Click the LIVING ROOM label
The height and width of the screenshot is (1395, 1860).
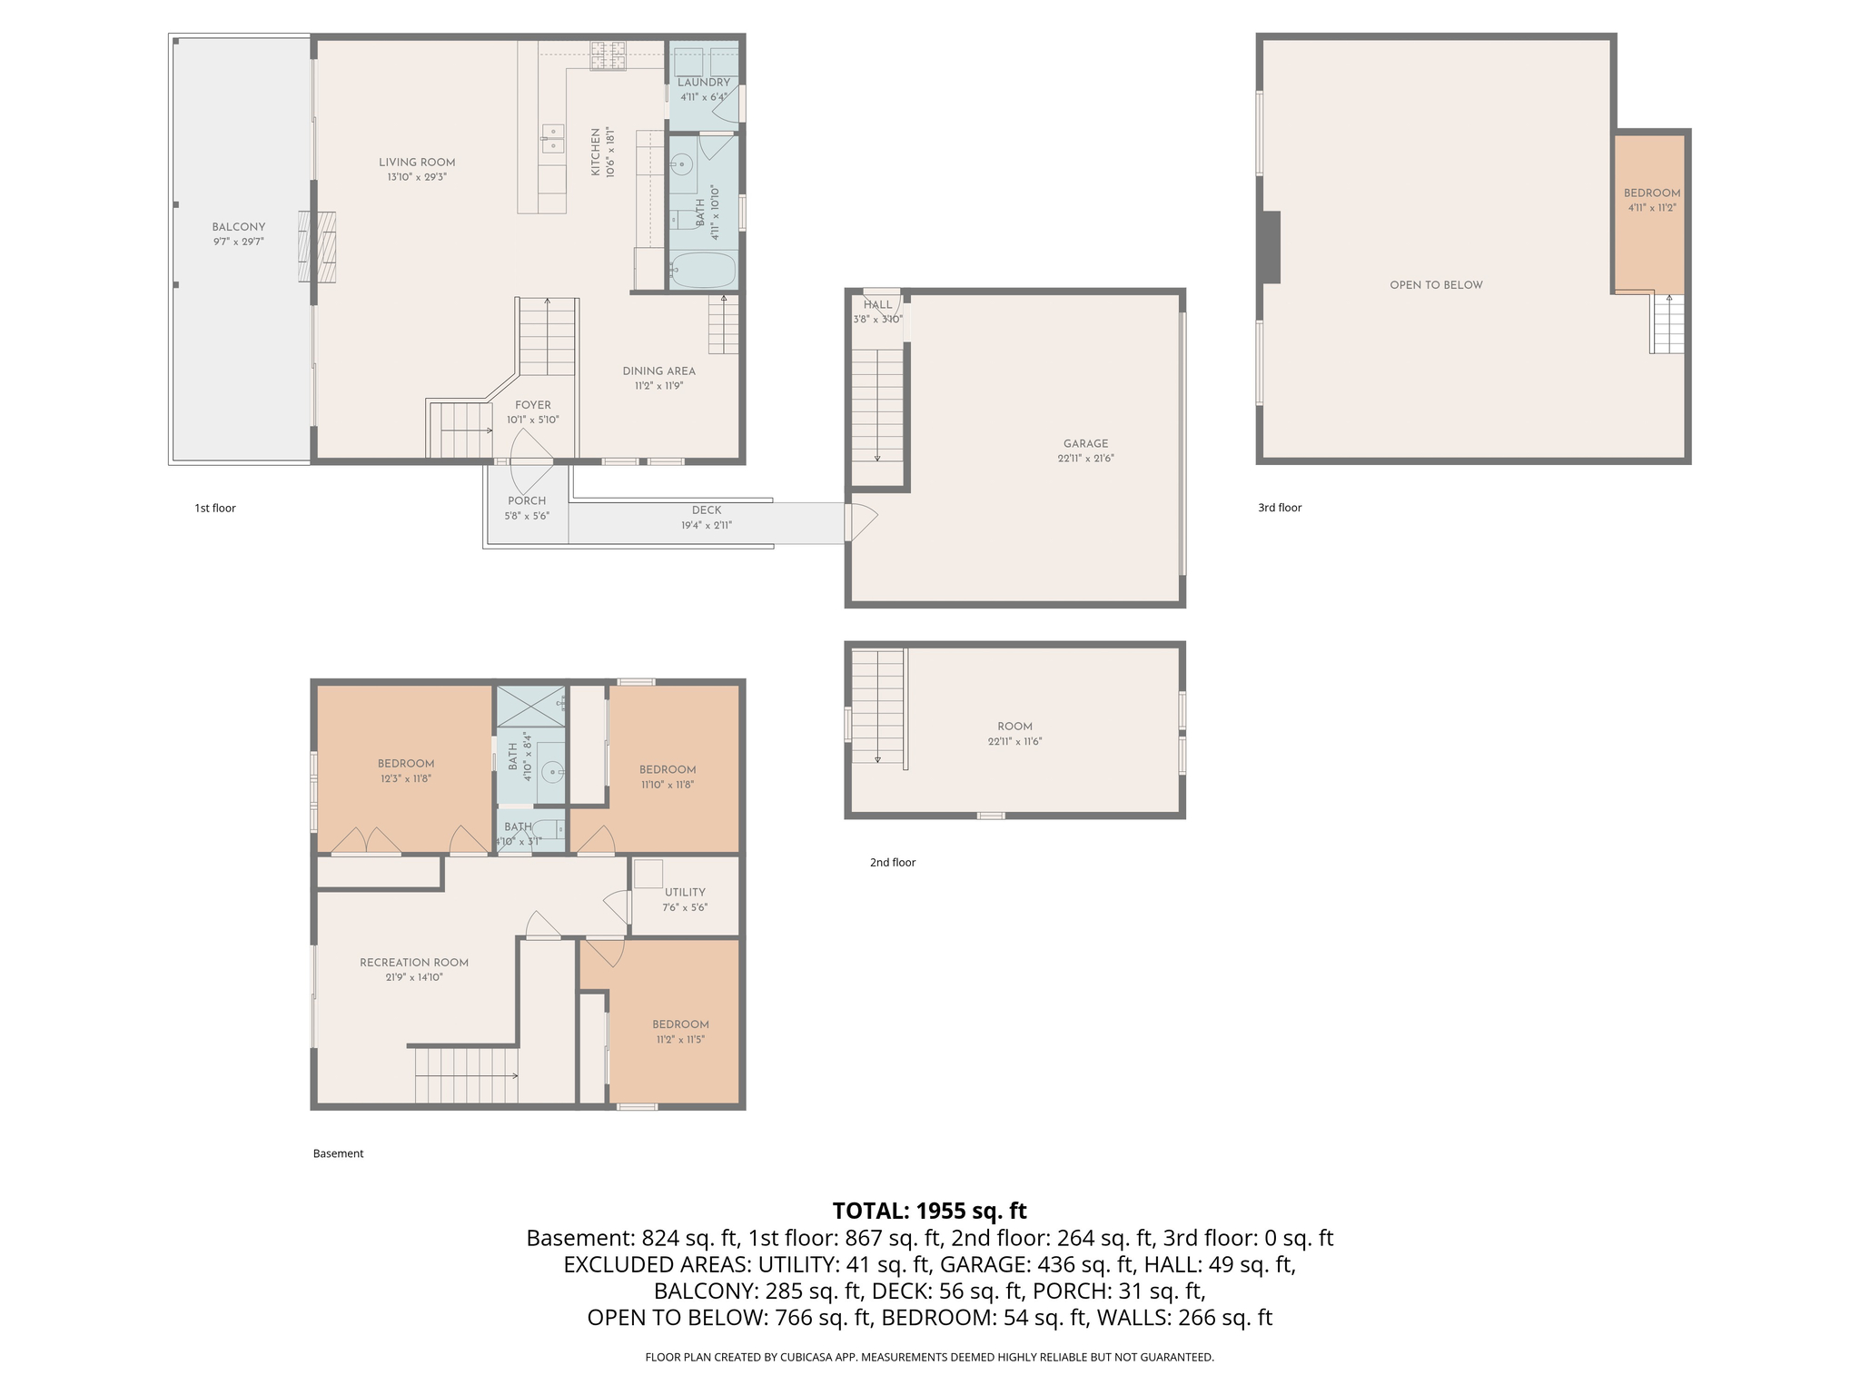pos(417,163)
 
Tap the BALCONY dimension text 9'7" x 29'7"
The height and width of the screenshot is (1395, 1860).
pos(239,242)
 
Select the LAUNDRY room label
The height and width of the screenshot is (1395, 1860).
pos(704,83)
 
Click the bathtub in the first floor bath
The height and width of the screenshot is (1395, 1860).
pos(703,270)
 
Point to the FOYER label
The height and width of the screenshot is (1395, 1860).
pos(533,405)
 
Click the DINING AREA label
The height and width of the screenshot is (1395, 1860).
pos(659,371)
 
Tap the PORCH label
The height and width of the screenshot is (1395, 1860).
pos(527,500)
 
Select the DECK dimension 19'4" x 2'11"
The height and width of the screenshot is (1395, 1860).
pos(707,525)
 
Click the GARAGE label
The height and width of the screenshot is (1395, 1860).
pos(1086,444)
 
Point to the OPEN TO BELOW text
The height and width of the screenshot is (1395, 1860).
pos(1436,285)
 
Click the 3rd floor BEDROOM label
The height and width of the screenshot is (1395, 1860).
pos(1652,193)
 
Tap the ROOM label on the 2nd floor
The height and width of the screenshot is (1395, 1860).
pos(1014,727)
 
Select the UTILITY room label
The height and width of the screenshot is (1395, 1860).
pos(685,892)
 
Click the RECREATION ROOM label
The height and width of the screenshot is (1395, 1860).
pos(414,963)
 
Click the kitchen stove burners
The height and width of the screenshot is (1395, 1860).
pos(608,56)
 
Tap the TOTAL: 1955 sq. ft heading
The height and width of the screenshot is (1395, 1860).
pos(929,1211)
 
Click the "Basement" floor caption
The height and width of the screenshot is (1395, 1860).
pos(338,1153)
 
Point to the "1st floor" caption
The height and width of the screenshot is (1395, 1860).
pos(215,508)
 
